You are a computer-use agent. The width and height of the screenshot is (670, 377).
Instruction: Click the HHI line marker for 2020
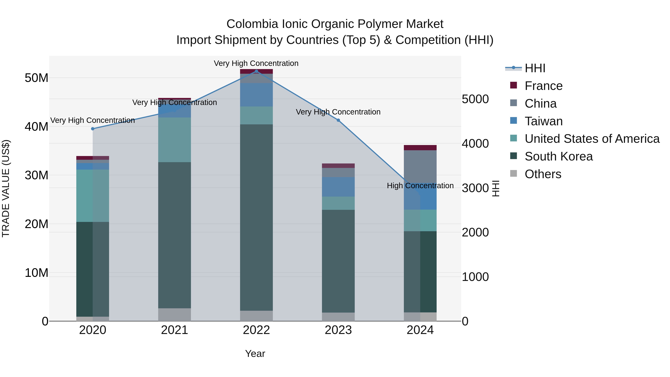pyautogui.click(x=93, y=129)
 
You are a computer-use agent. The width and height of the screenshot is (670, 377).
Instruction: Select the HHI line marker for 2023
pyautogui.click(x=338, y=120)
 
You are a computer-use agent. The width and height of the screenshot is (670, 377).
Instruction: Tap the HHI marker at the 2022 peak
pyautogui.click(x=256, y=71)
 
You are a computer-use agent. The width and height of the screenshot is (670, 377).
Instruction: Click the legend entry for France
pyautogui.click(x=543, y=86)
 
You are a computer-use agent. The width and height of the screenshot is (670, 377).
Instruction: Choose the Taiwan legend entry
pyautogui.click(x=543, y=121)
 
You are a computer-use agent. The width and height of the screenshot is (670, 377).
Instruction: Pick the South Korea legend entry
pyautogui.click(x=558, y=156)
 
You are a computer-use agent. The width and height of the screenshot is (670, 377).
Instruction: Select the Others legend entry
pyautogui.click(x=543, y=174)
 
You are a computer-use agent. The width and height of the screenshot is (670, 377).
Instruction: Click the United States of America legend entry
pyautogui.click(x=592, y=139)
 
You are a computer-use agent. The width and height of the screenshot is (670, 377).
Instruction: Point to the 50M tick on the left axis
pyautogui.click(x=36, y=78)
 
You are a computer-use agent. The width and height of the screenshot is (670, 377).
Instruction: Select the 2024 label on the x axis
pyautogui.click(x=420, y=330)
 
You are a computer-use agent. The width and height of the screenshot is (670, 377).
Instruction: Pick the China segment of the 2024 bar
pyautogui.click(x=420, y=166)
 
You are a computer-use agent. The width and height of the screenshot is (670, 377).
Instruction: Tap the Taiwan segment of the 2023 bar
pyautogui.click(x=338, y=187)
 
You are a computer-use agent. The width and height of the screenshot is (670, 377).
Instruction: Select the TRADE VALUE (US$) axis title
pyautogui.click(x=6, y=188)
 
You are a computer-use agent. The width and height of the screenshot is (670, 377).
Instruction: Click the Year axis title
pyautogui.click(x=255, y=354)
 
